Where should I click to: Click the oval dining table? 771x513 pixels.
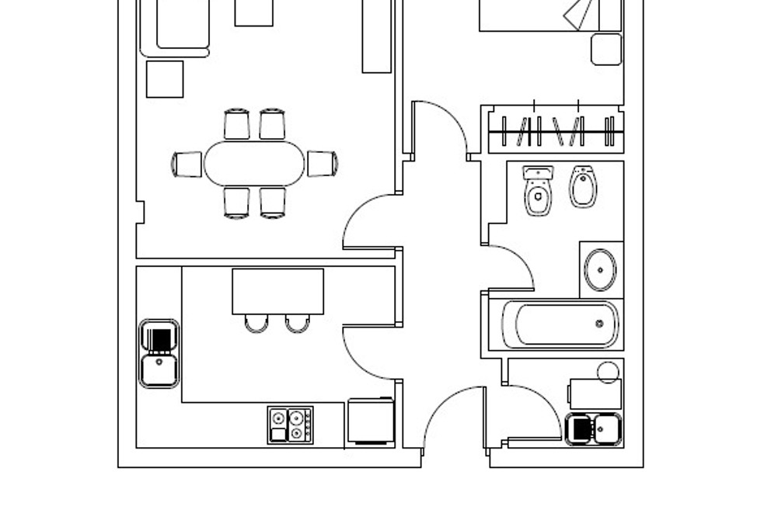tap(254, 163)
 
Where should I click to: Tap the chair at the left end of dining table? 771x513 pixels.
tap(187, 164)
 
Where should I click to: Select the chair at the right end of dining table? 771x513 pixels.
tap(322, 163)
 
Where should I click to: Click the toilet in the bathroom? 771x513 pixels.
tap(538, 191)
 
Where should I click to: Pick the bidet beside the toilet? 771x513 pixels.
tap(583, 187)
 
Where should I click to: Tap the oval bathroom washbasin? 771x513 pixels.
tap(600, 270)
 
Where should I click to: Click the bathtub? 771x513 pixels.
tap(560, 324)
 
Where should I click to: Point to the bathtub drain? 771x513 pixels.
tap(599, 324)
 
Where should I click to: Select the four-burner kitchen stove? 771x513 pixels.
tap(290, 425)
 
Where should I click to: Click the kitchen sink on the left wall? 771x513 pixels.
tap(159, 354)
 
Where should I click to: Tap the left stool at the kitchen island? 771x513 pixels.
tap(256, 323)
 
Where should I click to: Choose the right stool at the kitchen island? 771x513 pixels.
tap(297, 323)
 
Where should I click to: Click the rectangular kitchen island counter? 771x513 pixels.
tap(277, 291)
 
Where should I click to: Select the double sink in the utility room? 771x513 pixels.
tap(594, 428)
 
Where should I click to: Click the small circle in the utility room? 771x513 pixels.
tap(609, 372)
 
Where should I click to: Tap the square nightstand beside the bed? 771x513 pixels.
tap(606, 49)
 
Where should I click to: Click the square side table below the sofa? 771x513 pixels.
tap(165, 79)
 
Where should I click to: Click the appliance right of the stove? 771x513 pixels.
tap(370, 421)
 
